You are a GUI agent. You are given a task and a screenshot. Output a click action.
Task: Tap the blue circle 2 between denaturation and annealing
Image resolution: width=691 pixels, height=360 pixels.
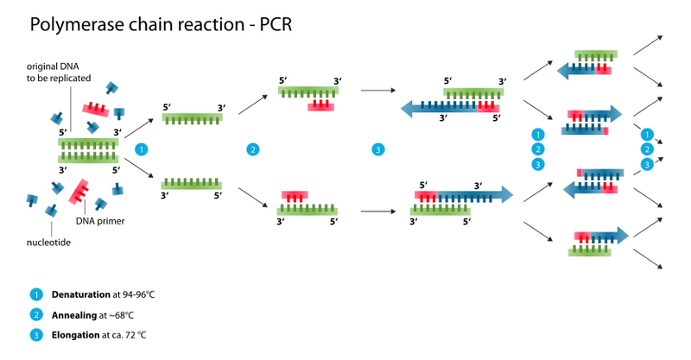tap(252, 149)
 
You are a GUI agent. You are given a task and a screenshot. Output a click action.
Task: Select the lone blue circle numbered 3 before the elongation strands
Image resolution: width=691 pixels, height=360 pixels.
tap(378, 149)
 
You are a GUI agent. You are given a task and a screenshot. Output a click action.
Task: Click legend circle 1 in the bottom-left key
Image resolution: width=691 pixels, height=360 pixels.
tap(36, 294)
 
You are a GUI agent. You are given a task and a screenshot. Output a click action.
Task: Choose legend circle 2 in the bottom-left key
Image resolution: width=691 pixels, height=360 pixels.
tap(36, 313)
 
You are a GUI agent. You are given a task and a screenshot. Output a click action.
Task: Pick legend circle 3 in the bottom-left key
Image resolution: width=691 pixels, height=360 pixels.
tap(36, 333)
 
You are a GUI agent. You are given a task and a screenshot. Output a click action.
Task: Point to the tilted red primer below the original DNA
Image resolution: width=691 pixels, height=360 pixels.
tap(79, 190)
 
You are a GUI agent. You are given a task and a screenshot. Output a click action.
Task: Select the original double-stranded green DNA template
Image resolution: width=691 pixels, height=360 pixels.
tap(88, 149)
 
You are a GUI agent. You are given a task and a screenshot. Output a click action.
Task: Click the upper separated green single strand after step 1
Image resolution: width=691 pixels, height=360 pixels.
tap(192, 117)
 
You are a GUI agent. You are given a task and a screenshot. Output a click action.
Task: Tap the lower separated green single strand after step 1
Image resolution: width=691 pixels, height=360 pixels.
tap(191, 184)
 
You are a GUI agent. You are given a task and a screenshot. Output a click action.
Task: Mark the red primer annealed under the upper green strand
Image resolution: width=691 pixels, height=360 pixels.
tap(321, 107)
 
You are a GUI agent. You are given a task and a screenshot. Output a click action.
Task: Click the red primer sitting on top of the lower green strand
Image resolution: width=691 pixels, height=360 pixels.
tap(295, 196)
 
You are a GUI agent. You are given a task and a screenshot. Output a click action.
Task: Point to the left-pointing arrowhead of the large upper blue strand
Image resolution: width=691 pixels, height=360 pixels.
tap(408, 109)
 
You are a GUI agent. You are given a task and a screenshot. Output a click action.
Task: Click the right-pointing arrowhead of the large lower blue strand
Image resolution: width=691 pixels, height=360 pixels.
tap(504, 195)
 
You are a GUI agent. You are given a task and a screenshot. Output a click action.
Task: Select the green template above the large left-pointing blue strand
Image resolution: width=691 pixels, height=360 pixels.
tap(472, 92)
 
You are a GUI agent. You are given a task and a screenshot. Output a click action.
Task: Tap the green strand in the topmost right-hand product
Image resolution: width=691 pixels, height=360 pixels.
tap(595, 54)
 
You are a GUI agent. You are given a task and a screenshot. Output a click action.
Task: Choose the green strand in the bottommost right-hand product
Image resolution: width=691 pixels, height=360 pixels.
tap(589, 251)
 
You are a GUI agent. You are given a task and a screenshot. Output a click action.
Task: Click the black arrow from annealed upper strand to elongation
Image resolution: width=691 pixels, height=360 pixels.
tap(377, 90)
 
